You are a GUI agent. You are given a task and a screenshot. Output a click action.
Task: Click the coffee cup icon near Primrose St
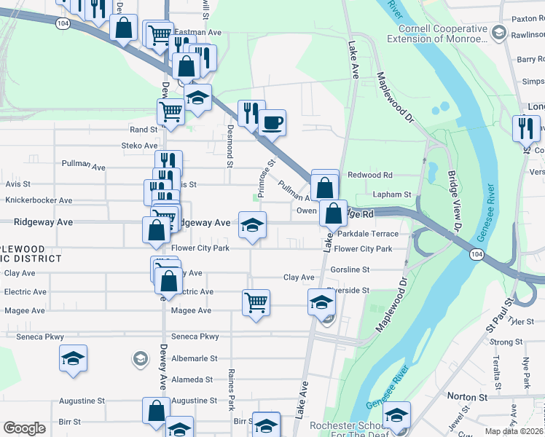point(272,122)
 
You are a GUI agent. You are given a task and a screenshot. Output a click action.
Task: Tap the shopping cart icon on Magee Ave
point(256,302)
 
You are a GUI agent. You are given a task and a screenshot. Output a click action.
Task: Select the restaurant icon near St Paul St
point(526,128)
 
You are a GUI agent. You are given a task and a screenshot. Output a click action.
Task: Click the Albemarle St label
point(194,358)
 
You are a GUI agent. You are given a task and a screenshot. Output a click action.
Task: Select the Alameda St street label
point(193,379)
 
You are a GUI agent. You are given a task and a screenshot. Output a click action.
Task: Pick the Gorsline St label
point(350,269)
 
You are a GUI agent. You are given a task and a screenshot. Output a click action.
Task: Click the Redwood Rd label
point(370,175)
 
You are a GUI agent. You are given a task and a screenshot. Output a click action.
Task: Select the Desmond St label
point(230,145)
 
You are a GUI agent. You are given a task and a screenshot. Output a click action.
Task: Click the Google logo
point(24,428)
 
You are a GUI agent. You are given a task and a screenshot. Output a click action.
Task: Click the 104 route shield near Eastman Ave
point(63,24)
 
